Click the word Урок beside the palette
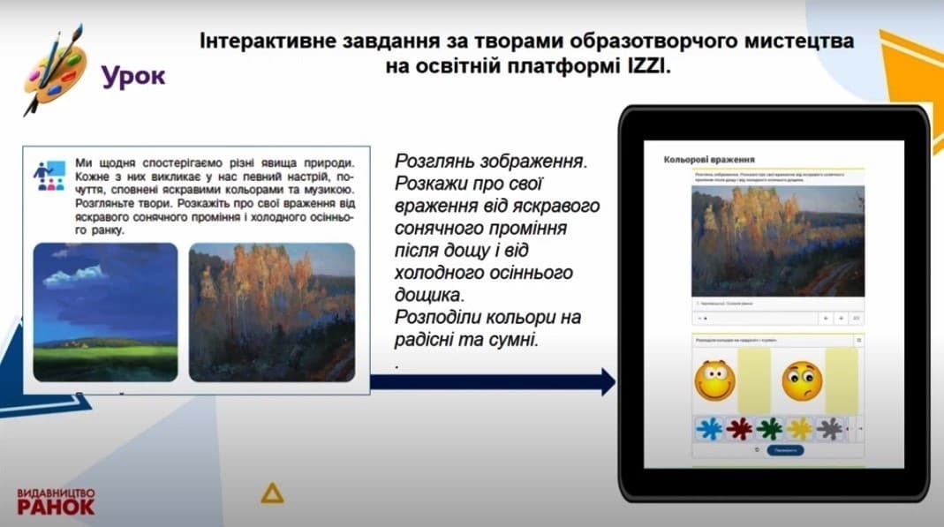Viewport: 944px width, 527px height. [132, 76]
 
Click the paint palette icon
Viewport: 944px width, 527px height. [55, 71]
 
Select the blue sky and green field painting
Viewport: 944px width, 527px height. [105, 312]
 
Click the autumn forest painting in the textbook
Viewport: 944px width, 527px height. [271, 312]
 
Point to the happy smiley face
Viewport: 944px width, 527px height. [714, 380]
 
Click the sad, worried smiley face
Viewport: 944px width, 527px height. [802, 380]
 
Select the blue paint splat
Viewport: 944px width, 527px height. [709, 429]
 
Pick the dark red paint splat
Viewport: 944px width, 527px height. [738, 429]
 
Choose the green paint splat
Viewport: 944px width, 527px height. [769, 429]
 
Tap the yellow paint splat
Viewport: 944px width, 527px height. [799, 429]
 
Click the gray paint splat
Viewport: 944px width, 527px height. [829, 429]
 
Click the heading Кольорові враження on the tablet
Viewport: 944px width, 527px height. [708, 161]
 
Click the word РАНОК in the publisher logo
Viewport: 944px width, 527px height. [56, 507]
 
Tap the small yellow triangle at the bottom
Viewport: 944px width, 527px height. [272, 493]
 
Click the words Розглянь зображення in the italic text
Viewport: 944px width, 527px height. [490, 163]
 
